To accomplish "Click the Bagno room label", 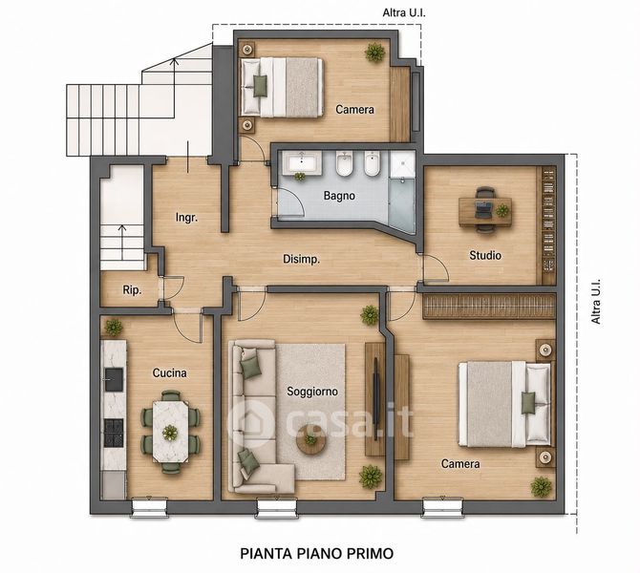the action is (x=339, y=196).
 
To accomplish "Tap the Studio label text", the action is (x=485, y=256).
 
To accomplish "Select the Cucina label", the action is (x=169, y=372).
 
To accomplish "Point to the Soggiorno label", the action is (x=312, y=392).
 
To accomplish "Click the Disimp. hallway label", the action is (x=301, y=259).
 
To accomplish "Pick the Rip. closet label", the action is (x=132, y=290).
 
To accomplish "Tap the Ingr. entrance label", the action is (x=186, y=217).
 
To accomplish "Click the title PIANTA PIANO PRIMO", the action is (x=317, y=554).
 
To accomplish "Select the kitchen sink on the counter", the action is (x=114, y=379).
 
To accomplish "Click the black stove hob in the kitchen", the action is (x=114, y=433).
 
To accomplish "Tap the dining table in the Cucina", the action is (x=171, y=433).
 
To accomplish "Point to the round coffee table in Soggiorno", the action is (x=311, y=439).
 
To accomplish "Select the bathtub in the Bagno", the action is (x=301, y=163).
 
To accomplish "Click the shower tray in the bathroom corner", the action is (x=402, y=164).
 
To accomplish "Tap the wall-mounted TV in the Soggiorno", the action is (x=376, y=398).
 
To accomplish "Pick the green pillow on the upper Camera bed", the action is (x=260, y=86).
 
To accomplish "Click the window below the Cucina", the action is (x=149, y=508).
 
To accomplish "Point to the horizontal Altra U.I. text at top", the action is (x=404, y=13).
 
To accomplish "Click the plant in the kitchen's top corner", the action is (x=113, y=328).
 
